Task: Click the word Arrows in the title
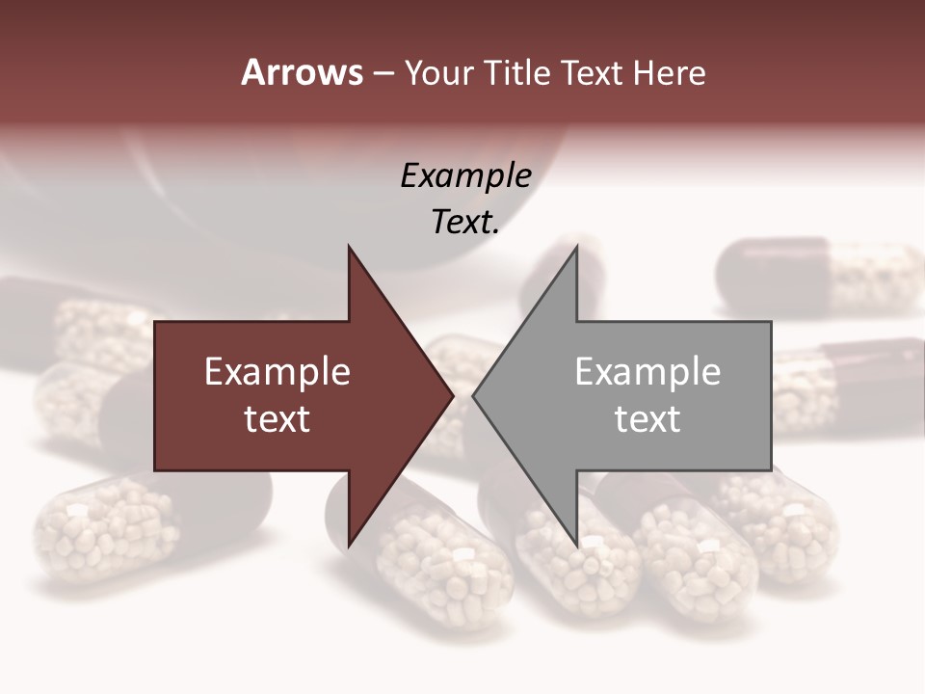point(302,72)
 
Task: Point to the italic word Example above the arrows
point(466,175)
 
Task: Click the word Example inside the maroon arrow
point(277,371)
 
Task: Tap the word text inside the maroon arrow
point(277,418)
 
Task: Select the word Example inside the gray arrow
point(647,371)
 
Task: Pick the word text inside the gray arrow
point(647,418)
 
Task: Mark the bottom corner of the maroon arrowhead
point(349,544)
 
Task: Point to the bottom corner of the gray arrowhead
point(576,544)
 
